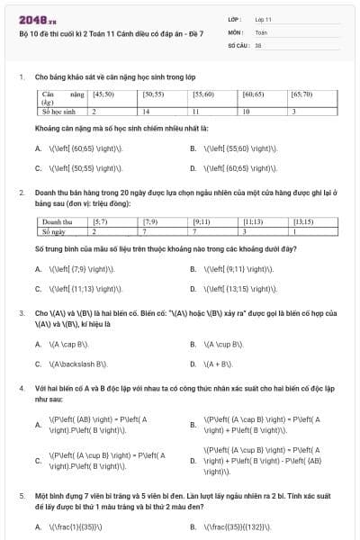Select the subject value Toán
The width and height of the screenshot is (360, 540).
pyautogui.click(x=261, y=31)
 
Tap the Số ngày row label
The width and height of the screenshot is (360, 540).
pyautogui.click(x=54, y=231)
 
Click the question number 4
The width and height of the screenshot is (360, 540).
pyautogui.click(x=21, y=388)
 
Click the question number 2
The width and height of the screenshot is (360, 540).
pyautogui.click(x=21, y=193)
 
